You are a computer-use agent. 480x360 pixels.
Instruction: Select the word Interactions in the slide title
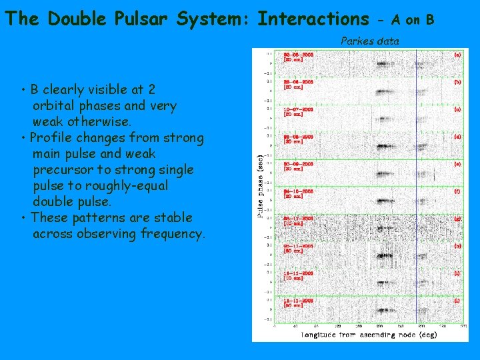313,19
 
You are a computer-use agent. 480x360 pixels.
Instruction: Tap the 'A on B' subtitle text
413,20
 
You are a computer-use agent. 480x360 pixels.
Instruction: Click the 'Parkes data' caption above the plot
370,41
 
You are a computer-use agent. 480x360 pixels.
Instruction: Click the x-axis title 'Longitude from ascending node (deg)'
369,334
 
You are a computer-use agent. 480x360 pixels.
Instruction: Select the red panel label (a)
457,55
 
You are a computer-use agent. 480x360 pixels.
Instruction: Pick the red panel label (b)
457,82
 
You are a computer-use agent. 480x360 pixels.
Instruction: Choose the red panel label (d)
457,136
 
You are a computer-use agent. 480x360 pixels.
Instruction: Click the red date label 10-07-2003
298,109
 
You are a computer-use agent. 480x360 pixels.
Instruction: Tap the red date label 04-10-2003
298,190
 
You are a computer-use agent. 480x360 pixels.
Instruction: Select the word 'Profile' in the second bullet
53,137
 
